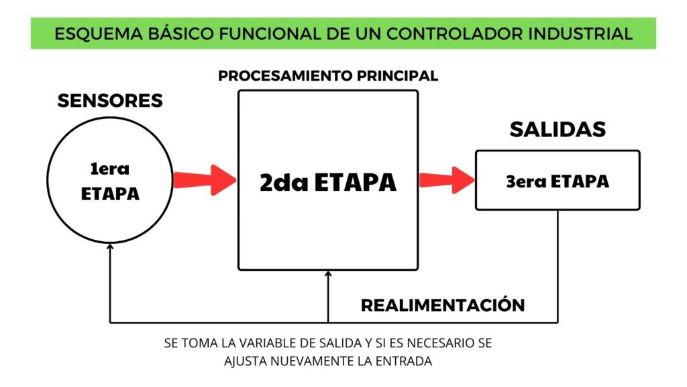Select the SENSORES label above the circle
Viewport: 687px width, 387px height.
(x=110, y=101)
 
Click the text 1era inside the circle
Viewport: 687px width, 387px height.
(x=109, y=169)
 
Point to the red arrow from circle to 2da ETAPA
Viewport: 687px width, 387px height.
(x=205, y=180)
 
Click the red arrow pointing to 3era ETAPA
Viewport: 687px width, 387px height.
(x=447, y=180)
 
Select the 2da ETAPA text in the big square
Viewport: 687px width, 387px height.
(x=328, y=183)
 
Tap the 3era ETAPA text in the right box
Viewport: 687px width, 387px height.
(x=558, y=181)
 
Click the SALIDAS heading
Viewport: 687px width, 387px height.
(x=558, y=130)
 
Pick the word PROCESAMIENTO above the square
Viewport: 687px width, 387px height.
(x=285, y=76)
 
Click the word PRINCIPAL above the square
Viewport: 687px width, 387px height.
(x=397, y=76)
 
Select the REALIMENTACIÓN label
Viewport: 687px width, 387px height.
(x=443, y=305)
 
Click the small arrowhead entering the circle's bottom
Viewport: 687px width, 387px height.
(x=110, y=247)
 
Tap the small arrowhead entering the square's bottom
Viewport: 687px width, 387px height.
(x=328, y=274)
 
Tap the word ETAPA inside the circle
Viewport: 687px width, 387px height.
(x=110, y=194)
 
